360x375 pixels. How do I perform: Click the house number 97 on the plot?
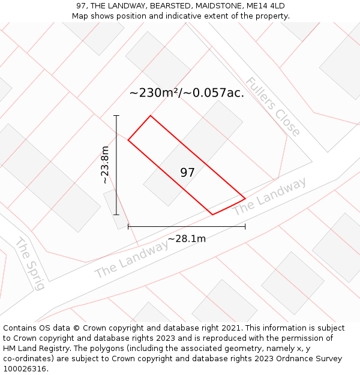[187, 173]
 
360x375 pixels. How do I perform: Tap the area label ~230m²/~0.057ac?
[187, 93]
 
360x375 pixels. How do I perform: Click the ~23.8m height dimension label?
[105, 164]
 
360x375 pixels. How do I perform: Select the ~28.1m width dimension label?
[187, 239]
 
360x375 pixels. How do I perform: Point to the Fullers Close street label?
[273, 107]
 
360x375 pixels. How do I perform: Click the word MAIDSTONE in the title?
[209, 6]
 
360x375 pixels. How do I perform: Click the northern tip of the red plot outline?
[150, 116]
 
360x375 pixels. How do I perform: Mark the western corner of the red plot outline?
[128, 140]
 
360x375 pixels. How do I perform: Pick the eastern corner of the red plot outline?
[245, 198]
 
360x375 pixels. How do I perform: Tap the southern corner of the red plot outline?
[213, 214]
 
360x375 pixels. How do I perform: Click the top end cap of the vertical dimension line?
[116, 116]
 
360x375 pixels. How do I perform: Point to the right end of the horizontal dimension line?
[245, 227]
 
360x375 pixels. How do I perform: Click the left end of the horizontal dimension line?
[128, 227]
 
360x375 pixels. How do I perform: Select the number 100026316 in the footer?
[24, 369]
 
